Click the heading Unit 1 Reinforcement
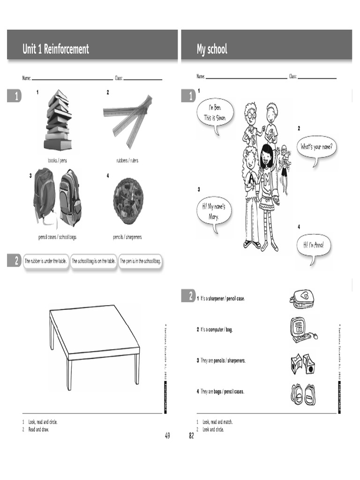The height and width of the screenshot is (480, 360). (56, 49)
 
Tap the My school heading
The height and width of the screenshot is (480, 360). (212, 49)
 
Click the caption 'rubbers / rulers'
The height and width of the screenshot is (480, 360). (127, 161)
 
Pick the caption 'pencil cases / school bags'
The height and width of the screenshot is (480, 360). (57, 237)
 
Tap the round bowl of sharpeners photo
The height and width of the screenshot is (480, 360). (128, 201)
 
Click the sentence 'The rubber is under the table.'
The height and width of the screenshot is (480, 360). (45, 261)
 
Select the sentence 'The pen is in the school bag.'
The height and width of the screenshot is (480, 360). (140, 261)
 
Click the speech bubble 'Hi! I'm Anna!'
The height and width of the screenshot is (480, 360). (314, 245)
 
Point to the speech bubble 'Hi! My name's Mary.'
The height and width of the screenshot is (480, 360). (214, 212)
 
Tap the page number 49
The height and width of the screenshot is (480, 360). (167, 436)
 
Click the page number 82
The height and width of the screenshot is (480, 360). (191, 436)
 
